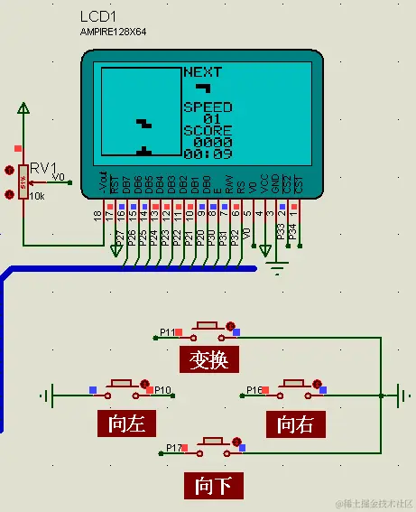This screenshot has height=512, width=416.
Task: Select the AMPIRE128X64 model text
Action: click(113, 32)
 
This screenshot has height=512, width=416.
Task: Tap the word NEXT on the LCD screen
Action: click(203, 71)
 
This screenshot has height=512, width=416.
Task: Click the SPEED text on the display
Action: click(208, 107)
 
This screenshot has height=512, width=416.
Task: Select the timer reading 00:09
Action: click(207, 154)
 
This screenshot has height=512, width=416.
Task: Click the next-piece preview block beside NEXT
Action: click(204, 88)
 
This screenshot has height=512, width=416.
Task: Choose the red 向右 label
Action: click(295, 423)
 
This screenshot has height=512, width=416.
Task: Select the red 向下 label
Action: click(214, 486)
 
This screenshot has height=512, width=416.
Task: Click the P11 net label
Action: click(167, 333)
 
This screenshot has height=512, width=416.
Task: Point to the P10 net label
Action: click(162, 390)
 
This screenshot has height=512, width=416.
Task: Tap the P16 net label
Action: click(254, 390)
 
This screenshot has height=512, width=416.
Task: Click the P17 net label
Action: click(173, 447)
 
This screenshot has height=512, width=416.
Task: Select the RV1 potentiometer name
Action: click(42, 168)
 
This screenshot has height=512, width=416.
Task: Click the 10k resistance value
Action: click(36, 196)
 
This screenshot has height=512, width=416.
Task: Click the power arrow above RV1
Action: click(23, 109)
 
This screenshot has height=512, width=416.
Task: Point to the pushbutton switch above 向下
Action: click(214, 442)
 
